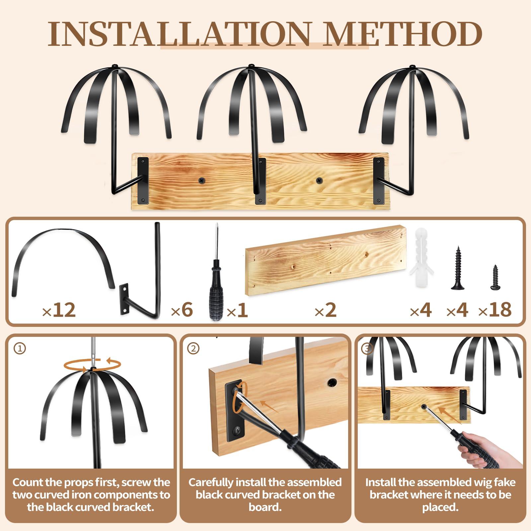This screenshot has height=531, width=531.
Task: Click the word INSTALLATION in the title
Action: pos(180,34)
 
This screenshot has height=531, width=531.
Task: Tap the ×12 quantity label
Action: pos(59,310)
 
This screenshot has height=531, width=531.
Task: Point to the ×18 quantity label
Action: pos(495,310)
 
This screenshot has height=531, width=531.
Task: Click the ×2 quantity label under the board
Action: pos(326,310)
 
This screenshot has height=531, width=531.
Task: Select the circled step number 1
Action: pos(20,348)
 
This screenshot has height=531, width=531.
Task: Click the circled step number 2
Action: pos(193,348)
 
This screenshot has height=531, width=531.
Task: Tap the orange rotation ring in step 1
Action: pos(92,365)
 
